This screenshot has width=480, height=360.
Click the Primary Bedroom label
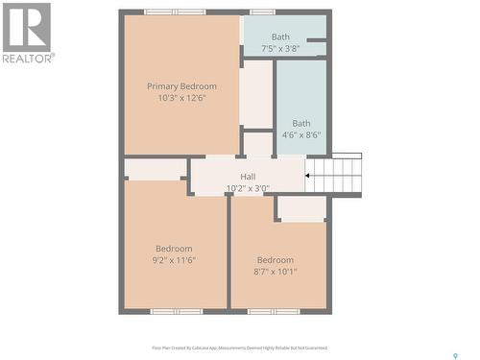pos(181,86)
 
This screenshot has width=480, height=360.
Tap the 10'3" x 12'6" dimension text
pos(181,98)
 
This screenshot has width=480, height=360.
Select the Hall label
pos(248,177)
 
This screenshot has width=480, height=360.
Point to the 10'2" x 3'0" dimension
pos(248,188)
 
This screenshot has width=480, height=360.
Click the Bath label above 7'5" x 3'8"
pos(280,37)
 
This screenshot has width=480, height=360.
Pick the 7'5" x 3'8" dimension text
pos(280,48)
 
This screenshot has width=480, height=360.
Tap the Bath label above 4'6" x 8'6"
pos(301,123)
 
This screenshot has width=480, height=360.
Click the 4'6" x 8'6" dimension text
pos(301,135)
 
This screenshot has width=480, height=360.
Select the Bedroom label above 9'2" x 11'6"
pos(174,249)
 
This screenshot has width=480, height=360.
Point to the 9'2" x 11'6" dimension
pos(174,260)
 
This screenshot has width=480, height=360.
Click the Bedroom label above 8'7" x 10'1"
pos(276,260)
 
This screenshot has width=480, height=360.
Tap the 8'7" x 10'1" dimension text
pos(276,272)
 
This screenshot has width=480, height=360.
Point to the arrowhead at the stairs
pos(308,176)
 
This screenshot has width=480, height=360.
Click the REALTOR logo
pos(27,32)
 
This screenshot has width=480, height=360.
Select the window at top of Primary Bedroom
pos(175,12)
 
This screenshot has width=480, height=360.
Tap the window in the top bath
pos(262,12)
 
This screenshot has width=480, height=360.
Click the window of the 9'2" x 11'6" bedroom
pos(177,311)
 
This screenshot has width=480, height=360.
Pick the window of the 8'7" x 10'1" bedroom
pos(274,311)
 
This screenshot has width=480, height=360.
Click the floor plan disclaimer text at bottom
pos(240,348)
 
